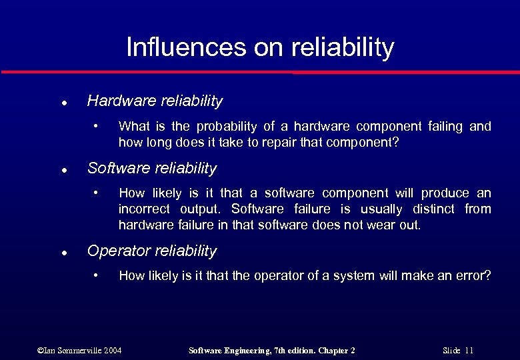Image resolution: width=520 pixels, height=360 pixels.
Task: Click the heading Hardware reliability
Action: (x=155, y=101)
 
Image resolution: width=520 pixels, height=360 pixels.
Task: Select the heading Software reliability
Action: (x=152, y=169)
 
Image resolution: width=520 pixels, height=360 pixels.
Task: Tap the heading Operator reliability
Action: (x=152, y=251)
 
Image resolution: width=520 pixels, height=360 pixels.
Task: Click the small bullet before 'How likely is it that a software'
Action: (x=96, y=192)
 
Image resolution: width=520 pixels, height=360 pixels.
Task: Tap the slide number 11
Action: (x=469, y=350)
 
